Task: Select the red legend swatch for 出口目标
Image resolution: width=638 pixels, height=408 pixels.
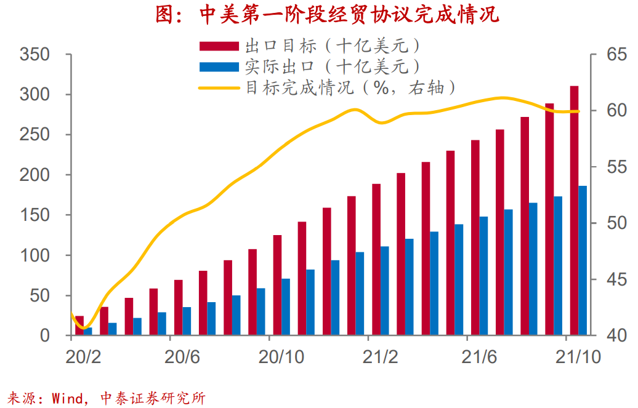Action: click(219, 46)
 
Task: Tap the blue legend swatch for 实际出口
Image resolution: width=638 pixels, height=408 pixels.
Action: click(219, 66)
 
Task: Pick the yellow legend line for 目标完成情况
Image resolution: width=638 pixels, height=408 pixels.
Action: click(219, 87)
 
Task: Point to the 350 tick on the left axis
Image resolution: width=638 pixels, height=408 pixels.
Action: click(34, 55)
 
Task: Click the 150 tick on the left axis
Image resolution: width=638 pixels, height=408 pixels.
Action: click(34, 215)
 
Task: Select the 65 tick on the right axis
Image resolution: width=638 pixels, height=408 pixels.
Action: click(608, 55)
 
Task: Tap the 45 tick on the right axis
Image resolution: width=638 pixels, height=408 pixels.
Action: click(608, 280)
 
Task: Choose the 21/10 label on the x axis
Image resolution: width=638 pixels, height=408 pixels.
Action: click(577, 357)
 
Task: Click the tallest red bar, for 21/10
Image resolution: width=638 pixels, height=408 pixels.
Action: click(574, 209)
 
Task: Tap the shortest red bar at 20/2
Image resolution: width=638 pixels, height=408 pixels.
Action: click(79, 326)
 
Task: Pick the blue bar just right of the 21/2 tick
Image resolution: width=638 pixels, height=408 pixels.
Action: click(385, 290)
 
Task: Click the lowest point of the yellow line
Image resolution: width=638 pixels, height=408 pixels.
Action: click(85, 327)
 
